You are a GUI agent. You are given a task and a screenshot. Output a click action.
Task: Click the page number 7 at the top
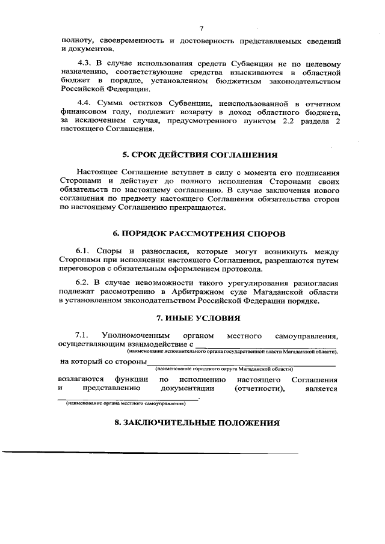[202, 28]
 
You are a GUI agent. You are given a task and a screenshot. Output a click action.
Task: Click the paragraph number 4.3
[84, 63]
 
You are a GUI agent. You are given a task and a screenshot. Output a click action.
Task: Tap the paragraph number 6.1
[82, 249]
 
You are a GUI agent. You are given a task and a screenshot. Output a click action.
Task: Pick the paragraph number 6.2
[82, 283]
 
